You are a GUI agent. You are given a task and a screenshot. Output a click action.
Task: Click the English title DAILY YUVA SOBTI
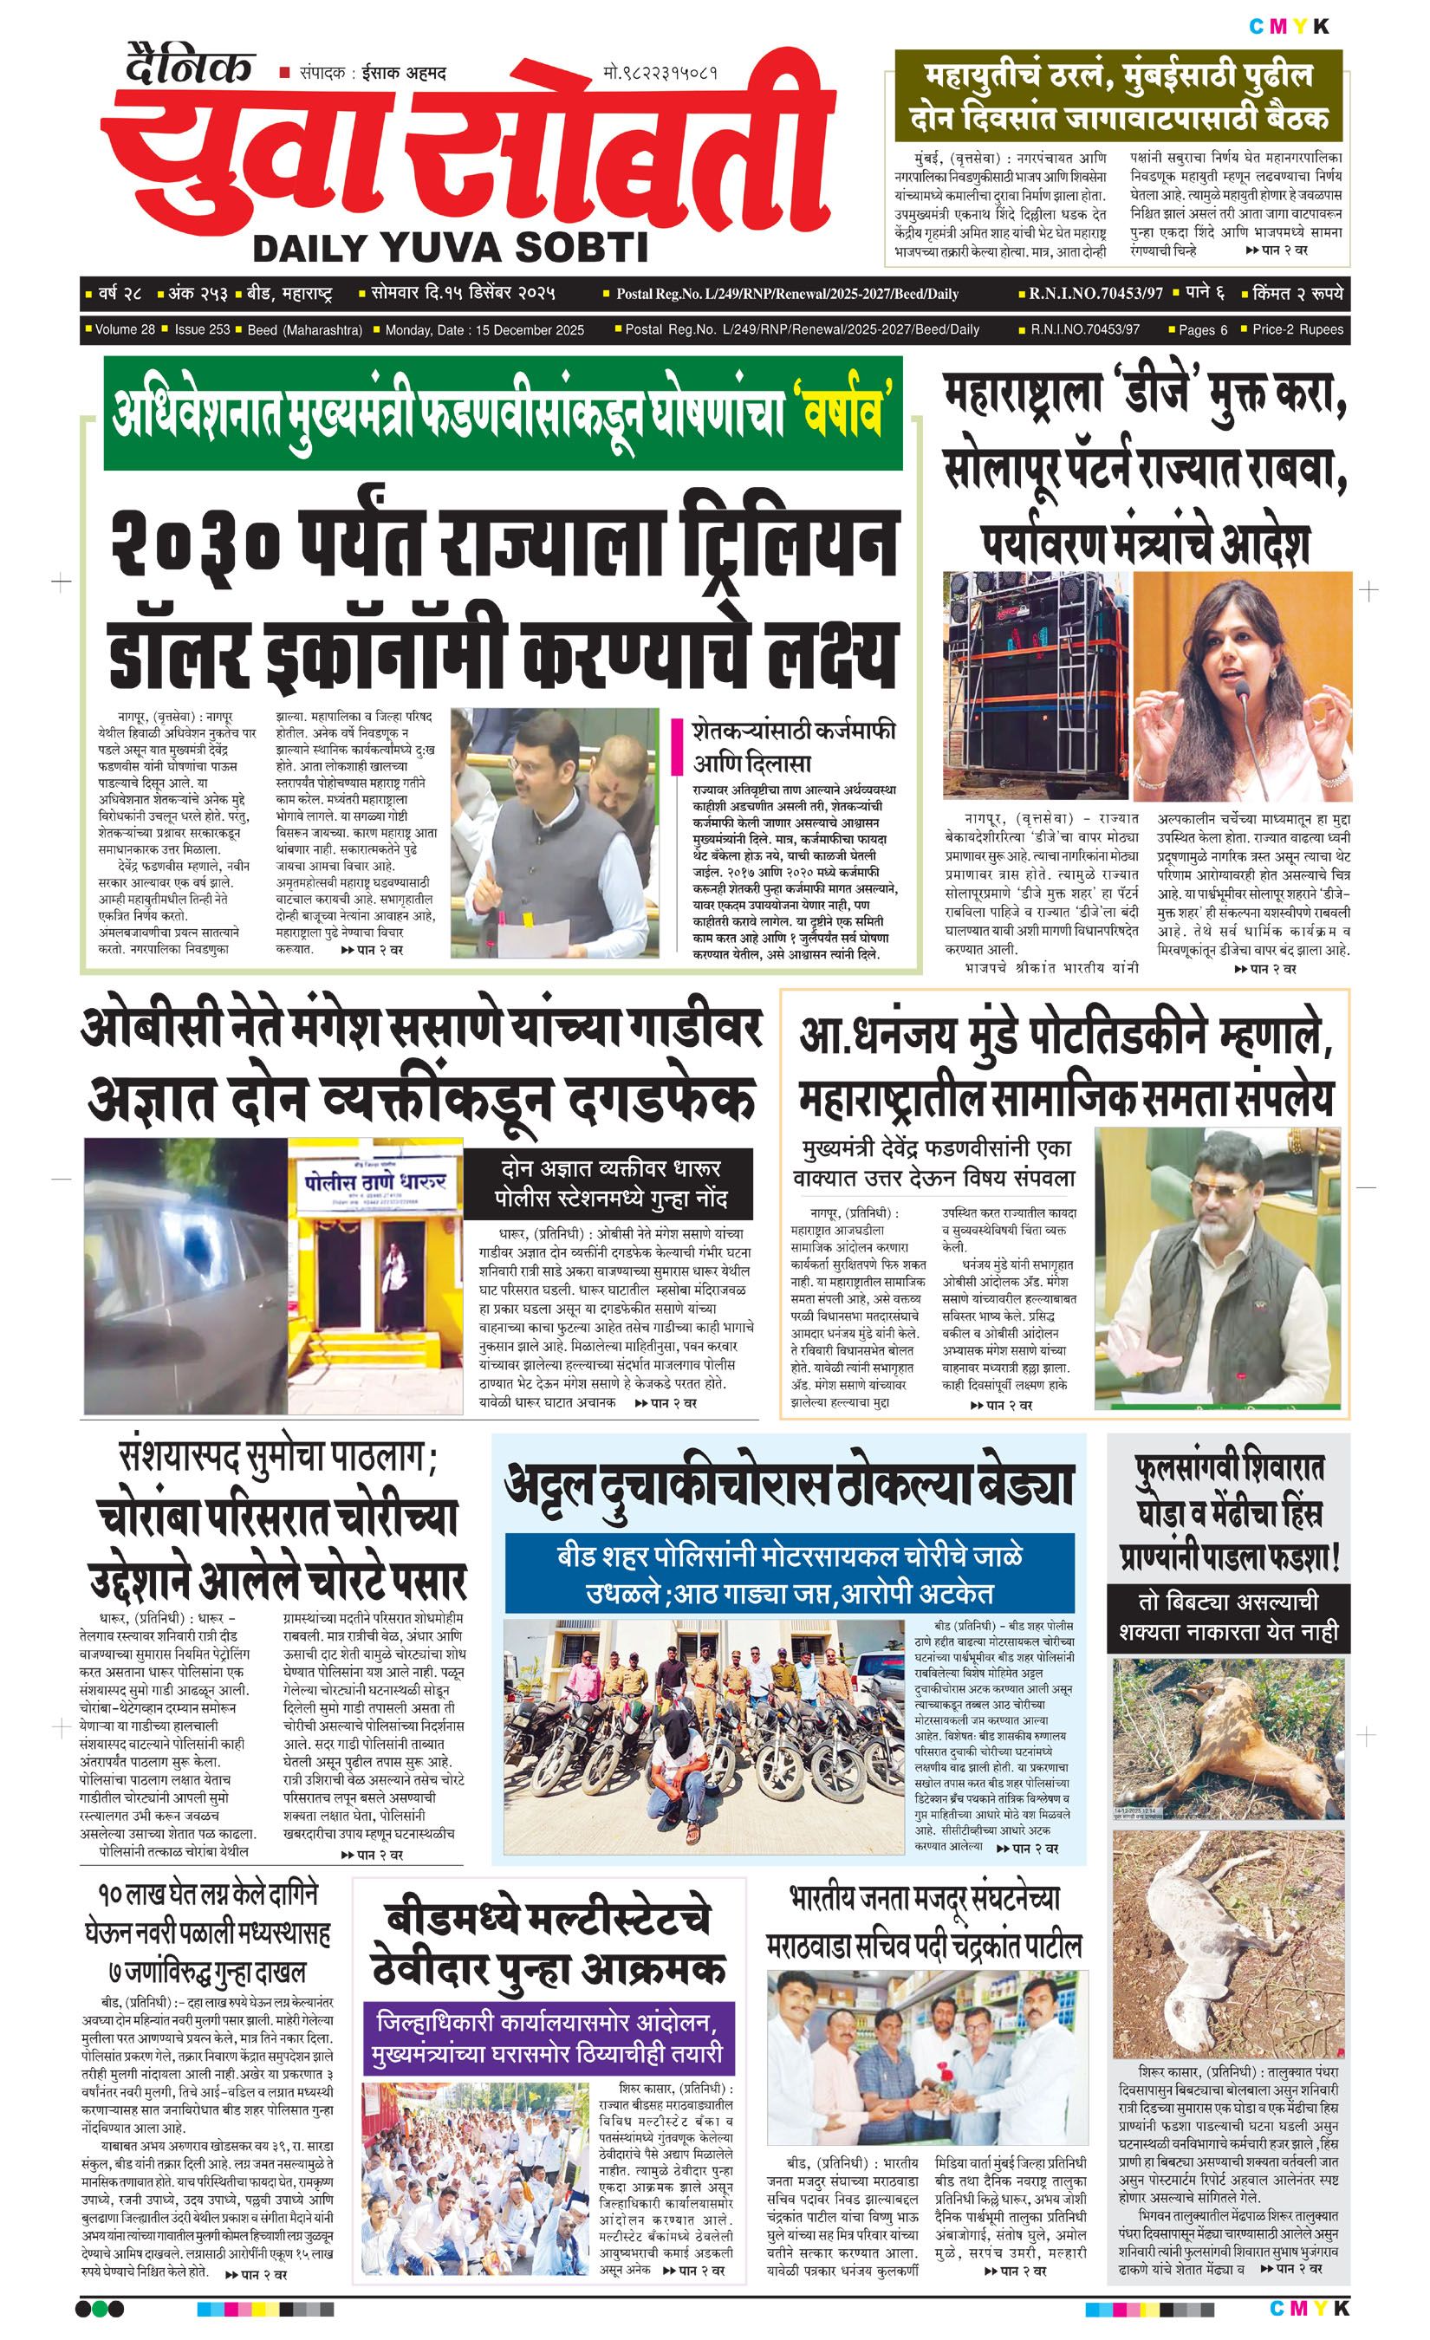450,248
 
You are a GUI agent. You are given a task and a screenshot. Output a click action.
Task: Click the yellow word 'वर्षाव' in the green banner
843,413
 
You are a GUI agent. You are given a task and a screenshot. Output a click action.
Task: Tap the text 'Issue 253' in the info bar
201,329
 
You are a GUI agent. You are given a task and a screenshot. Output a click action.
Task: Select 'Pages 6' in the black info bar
1202,329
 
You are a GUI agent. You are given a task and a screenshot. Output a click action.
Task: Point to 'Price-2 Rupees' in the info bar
1297,329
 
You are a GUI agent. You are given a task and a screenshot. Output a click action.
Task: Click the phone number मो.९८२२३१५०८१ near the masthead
659,73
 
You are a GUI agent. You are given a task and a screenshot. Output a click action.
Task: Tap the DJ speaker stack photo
1034,684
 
